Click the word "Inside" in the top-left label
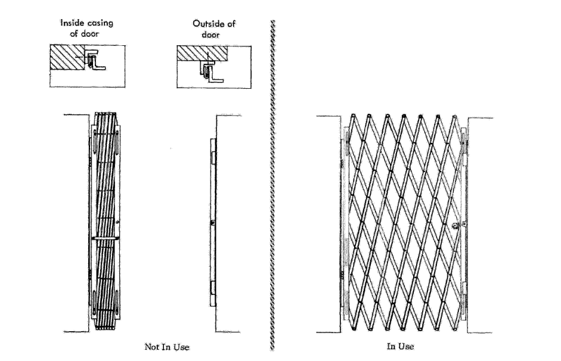pos(72,23)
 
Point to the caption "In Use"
pos(400,346)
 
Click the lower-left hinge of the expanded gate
pos(342,277)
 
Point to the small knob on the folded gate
pos(120,223)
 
